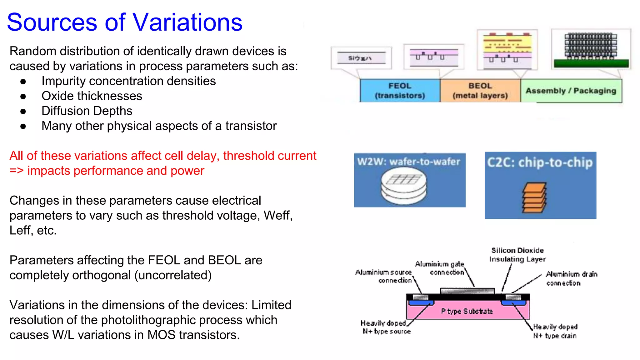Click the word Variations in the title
pos(187,22)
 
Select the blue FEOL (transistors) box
pos(400,91)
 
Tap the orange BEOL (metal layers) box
pos(480,91)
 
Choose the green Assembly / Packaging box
pos(571,91)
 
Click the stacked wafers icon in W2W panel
pos(403,187)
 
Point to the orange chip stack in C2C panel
pos(534,198)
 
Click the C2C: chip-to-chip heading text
pos(540,162)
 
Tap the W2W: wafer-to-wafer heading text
pos(408,162)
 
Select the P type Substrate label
pos(467,311)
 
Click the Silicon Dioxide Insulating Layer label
pos(517,255)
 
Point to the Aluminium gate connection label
pos(440,268)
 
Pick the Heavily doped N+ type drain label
pos(555,331)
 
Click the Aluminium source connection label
pos(384,276)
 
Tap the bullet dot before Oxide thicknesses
pos(23,96)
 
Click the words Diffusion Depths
pos(87,111)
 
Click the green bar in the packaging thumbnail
pos(591,63)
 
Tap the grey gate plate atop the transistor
pos(467,291)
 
